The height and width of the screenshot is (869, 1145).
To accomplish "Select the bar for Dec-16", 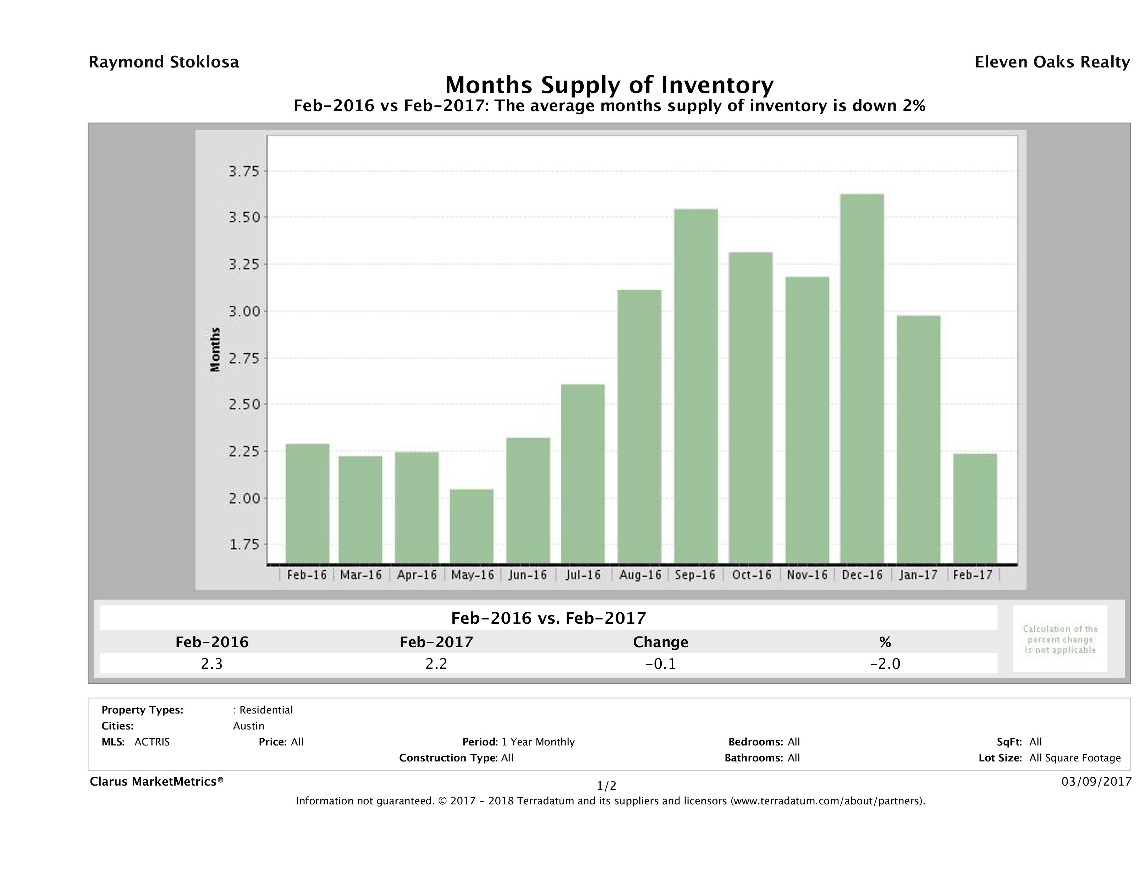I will click(x=862, y=378).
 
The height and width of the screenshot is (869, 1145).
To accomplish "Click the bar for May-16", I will click(x=471, y=526).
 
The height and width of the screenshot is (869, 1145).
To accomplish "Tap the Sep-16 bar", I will click(x=696, y=386).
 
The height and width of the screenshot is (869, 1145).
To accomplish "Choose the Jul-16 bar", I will click(x=583, y=474).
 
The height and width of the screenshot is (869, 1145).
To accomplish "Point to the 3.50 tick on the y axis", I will click(x=244, y=217).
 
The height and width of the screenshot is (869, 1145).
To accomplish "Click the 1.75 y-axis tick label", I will click(x=244, y=544).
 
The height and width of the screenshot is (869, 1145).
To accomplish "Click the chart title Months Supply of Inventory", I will click(x=609, y=85).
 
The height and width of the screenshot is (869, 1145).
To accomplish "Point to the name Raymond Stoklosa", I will click(x=164, y=62).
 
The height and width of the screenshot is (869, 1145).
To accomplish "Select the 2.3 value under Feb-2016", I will click(x=212, y=663).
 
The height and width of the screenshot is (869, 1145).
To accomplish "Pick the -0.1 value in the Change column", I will click(x=661, y=663).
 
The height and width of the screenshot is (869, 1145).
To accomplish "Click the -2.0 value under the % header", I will click(x=885, y=663).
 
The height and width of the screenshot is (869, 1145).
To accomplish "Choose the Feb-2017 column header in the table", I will click(x=436, y=642).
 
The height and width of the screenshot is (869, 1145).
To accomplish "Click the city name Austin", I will click(x=248, y=726).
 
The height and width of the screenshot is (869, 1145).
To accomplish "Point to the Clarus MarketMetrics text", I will click(x=156, y=781).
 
